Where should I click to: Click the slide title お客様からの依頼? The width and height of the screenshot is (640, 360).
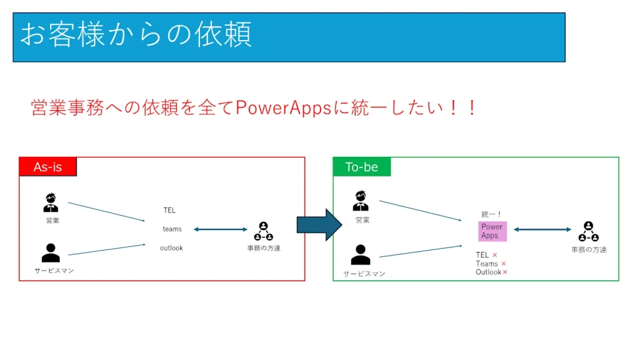(x=136, y=35)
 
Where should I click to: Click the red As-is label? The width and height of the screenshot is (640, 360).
(x=48, y=167)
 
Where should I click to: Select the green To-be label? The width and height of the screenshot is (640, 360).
(x=362, y=167)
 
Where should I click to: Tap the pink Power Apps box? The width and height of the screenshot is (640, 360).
(x=492, y=231)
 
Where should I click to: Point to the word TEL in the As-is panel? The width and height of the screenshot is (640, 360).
(x=170, y=211)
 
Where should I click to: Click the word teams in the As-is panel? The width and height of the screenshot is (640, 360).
(x=172, y=229)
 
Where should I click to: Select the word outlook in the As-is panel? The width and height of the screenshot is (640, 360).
(x=171, y=248)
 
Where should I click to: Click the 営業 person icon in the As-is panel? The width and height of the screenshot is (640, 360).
(x=51, y=203)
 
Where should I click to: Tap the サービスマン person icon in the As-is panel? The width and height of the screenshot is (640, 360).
(x=51, y=253)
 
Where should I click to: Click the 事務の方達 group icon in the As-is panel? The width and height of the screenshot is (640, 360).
(x=263, y=231)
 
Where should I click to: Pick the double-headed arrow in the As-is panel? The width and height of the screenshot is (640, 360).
(x=221, y=229)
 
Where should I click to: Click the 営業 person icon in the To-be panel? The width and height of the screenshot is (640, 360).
(x=361, y=201)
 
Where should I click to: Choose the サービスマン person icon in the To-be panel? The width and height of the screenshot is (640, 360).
(x=361, y=255)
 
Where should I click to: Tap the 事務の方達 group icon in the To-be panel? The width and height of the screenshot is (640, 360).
(x=588, y=232)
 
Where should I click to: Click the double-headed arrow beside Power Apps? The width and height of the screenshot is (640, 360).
(x=542, y=230)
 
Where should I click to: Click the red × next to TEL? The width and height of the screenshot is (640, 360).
(x=495, y=255)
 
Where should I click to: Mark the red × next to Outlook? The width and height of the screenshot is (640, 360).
(x=505, y=272)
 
